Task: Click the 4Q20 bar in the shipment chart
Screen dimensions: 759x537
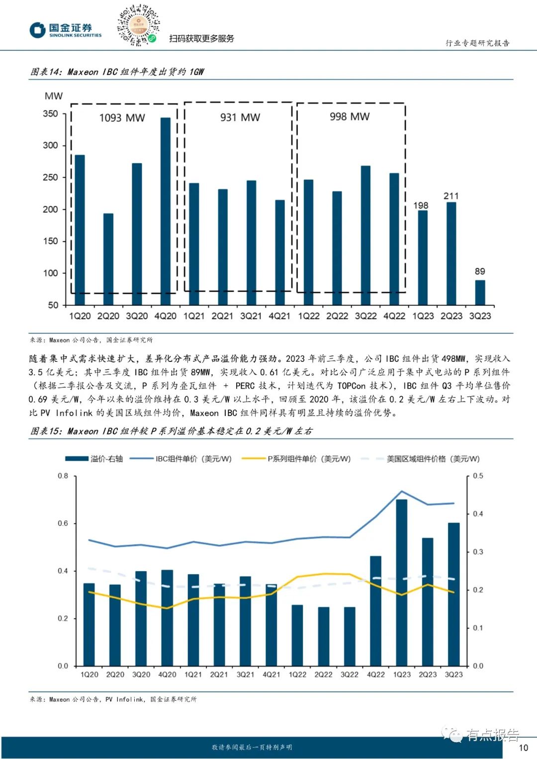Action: click(x=166, y=211)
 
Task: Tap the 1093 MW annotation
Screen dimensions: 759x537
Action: click(x=122, y=118)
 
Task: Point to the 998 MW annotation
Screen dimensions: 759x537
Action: click(x=350, y=116)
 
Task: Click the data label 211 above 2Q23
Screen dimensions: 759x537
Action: click(x=451, y=196)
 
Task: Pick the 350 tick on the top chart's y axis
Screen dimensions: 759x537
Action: click(x=50, y=114)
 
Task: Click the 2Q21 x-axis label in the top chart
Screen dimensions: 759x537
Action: click(x=222, y=316)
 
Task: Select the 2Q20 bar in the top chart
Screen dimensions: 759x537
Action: click(x=108, y=259)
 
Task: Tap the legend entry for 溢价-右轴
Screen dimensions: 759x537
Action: click(x=94, y=459)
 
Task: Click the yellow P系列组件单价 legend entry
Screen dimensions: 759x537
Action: click(x=296, y=459)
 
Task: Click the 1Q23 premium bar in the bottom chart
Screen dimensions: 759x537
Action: click(x=402, y=582)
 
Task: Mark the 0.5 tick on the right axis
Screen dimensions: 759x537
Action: click(x=478, y=476)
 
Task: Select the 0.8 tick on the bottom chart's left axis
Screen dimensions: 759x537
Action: click(x=63, y=476)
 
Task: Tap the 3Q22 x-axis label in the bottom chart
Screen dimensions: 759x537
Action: click(x=350, y=675)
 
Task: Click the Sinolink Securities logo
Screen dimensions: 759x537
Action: click(x=65, y=30)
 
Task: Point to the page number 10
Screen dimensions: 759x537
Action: click(x=523, y=748)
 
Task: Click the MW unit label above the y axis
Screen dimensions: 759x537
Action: click(x=54, y=96)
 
